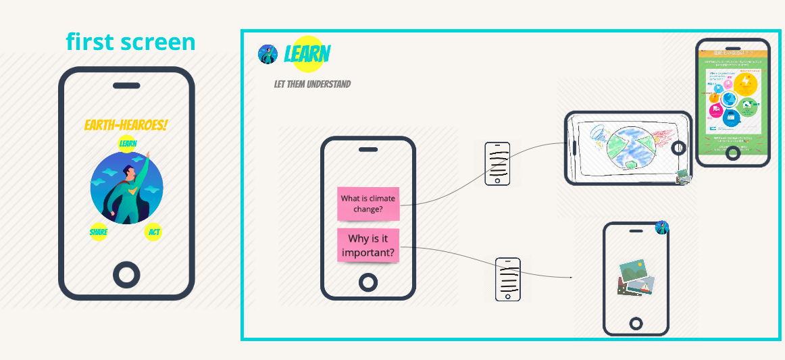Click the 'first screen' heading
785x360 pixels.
(130, 42)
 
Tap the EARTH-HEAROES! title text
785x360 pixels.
(126, 125)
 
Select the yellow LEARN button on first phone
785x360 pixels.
(128, 143)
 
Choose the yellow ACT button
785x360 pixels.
(154, 232)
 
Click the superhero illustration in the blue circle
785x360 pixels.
(127, 188)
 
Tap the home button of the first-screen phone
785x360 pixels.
(126, 274)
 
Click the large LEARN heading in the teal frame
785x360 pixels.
(307, 53)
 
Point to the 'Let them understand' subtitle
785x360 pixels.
(312, 84)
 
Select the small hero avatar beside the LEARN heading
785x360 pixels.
(268, 54)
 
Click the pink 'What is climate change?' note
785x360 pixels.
(368, 203)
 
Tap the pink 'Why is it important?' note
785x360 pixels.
(368, 246)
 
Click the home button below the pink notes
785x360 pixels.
(368, 282)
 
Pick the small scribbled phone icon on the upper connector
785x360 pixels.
(497, 163)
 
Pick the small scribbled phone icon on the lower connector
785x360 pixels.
(508, 279)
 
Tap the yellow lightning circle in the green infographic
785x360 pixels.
(746, 85)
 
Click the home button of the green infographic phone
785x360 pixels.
(733, 153)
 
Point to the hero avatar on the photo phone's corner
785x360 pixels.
(662, 228)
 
